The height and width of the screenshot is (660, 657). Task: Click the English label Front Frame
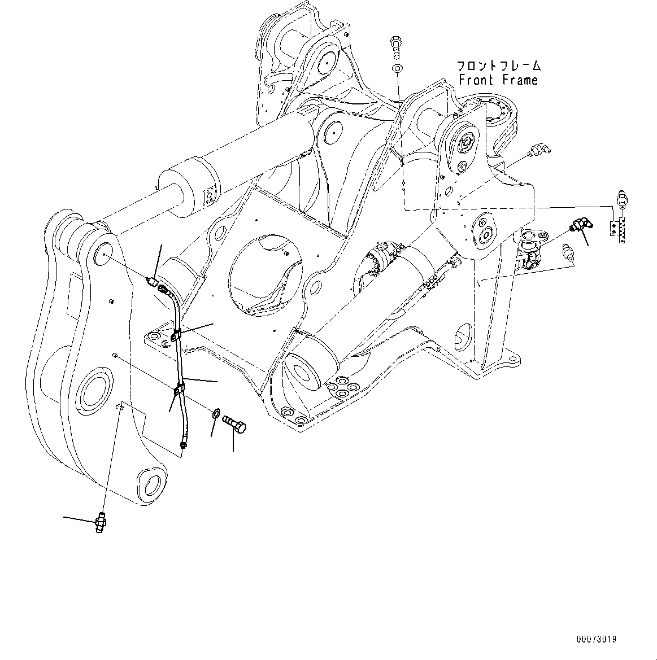tap(498, 80)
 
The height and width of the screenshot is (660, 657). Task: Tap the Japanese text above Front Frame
tap(498, 65)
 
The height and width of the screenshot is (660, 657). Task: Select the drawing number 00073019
tap(596, 639)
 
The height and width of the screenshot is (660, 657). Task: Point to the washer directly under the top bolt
tap(397, 69)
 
